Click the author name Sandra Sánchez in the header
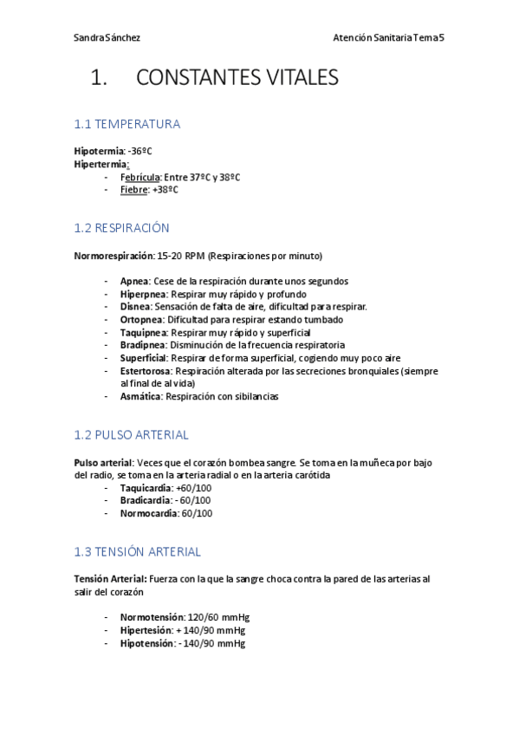tap(107, 38)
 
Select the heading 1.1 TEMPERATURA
tap(127, 124)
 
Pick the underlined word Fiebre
tap(133, 190)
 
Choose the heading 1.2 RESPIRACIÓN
tap(122, 228)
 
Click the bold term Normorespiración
tap(114, 257)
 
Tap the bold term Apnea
tap(134, 282)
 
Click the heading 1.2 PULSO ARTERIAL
tap(131, 435)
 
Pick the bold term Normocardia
tap(148, 513)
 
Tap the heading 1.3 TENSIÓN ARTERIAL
tap(137, 551)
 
